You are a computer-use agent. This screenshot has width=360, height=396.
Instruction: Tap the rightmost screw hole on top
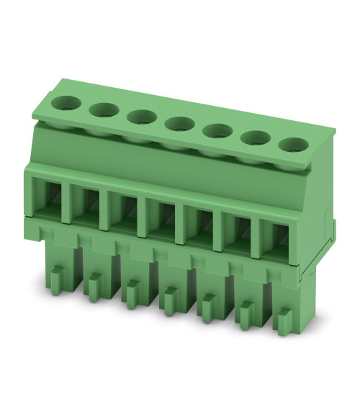coord(292,144)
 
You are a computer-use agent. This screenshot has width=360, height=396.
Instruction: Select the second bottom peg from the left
coord(94,284)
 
